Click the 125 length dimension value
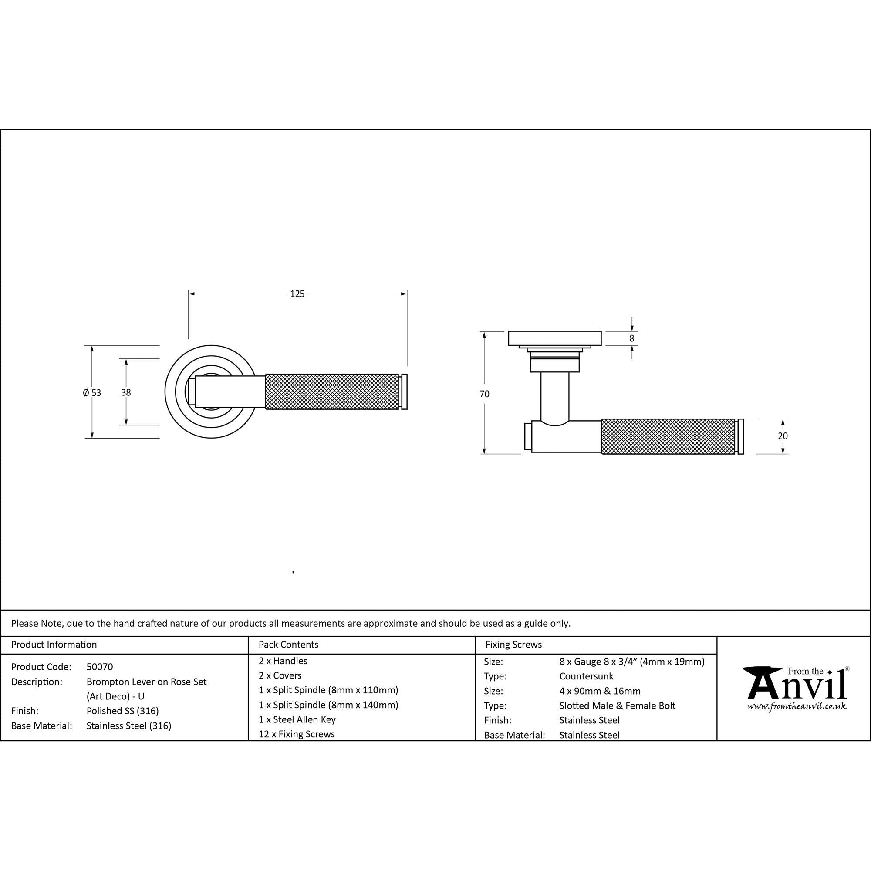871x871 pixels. [297, 294]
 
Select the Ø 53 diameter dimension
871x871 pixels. [92, 393]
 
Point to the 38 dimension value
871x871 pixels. [126, 393]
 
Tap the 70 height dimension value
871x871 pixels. [484, 394]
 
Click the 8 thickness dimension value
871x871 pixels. [631, 338]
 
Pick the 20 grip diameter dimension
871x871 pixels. [783, 436]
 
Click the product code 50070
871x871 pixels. [100, 667]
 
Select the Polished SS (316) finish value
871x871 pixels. [122, 711]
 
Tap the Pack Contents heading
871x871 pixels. [288, 645]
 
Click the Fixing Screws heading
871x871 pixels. [513, 645]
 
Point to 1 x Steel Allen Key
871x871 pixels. [297, 719]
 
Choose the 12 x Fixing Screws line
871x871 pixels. [297, 734]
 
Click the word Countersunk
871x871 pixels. [586, 676]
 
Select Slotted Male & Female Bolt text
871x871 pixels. [617, 706]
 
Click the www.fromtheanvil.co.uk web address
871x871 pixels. [797, 706]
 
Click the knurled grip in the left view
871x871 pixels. [332, 392]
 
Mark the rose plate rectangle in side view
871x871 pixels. [554, 338]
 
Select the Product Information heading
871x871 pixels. [54, 645]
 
